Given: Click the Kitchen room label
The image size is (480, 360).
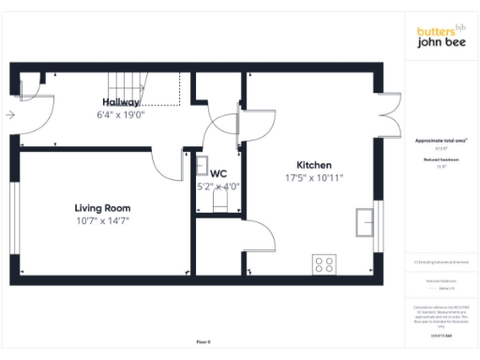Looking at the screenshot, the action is pyautogui.click(x=314, y=165).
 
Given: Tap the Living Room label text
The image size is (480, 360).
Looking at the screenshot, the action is pyautogui.click(x=102, y=208).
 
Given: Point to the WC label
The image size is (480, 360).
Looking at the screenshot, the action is pyautogui.click(x=218, y=173).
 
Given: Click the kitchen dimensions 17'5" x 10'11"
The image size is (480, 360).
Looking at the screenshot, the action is pyautogui.click(x=314, y=178).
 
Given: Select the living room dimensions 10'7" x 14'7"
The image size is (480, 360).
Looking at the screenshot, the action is pyautogui.click(x=102, y=221).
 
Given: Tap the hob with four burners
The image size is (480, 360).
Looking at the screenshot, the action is pyautogui.click(x=325, y=264).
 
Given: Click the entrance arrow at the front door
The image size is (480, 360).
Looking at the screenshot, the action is pyautogui.click(x=9, y=115).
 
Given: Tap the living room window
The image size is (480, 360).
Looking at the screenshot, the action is pyautogui.click(x=13, y=215).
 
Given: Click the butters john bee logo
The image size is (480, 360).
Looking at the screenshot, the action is pyautogui.click(x=441, y=37).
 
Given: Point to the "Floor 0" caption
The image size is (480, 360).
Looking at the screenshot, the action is pyautogui.click(x=203, y=342).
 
